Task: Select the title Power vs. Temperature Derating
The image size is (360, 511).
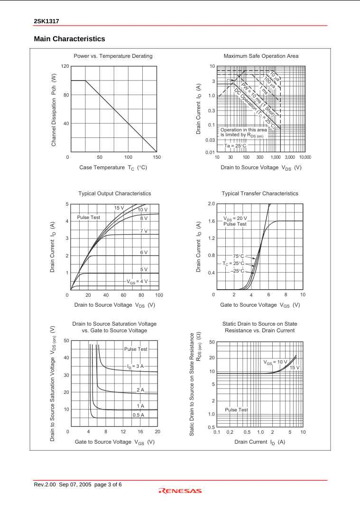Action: pos(113,56)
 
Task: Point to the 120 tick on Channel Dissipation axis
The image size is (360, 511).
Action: pos(66,66)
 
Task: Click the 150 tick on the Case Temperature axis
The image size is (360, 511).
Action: pos(157,156)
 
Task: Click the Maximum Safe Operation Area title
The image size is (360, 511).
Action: pos(261,56)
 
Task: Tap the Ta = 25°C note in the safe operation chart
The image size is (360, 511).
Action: pos(236,146)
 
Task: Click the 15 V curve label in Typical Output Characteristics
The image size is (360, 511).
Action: pos(119,208)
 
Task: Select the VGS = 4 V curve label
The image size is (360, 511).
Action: pos(137,281)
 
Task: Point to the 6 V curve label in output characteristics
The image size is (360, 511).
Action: pos(144,252)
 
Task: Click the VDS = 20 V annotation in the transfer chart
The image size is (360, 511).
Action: pos(235,218)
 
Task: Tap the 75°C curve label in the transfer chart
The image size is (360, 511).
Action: pos(239,256)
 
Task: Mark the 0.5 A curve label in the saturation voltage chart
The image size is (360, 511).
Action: pos(138,415)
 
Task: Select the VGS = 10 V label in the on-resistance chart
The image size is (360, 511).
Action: pos(276,362)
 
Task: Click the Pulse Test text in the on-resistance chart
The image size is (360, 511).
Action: pos(236,410)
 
